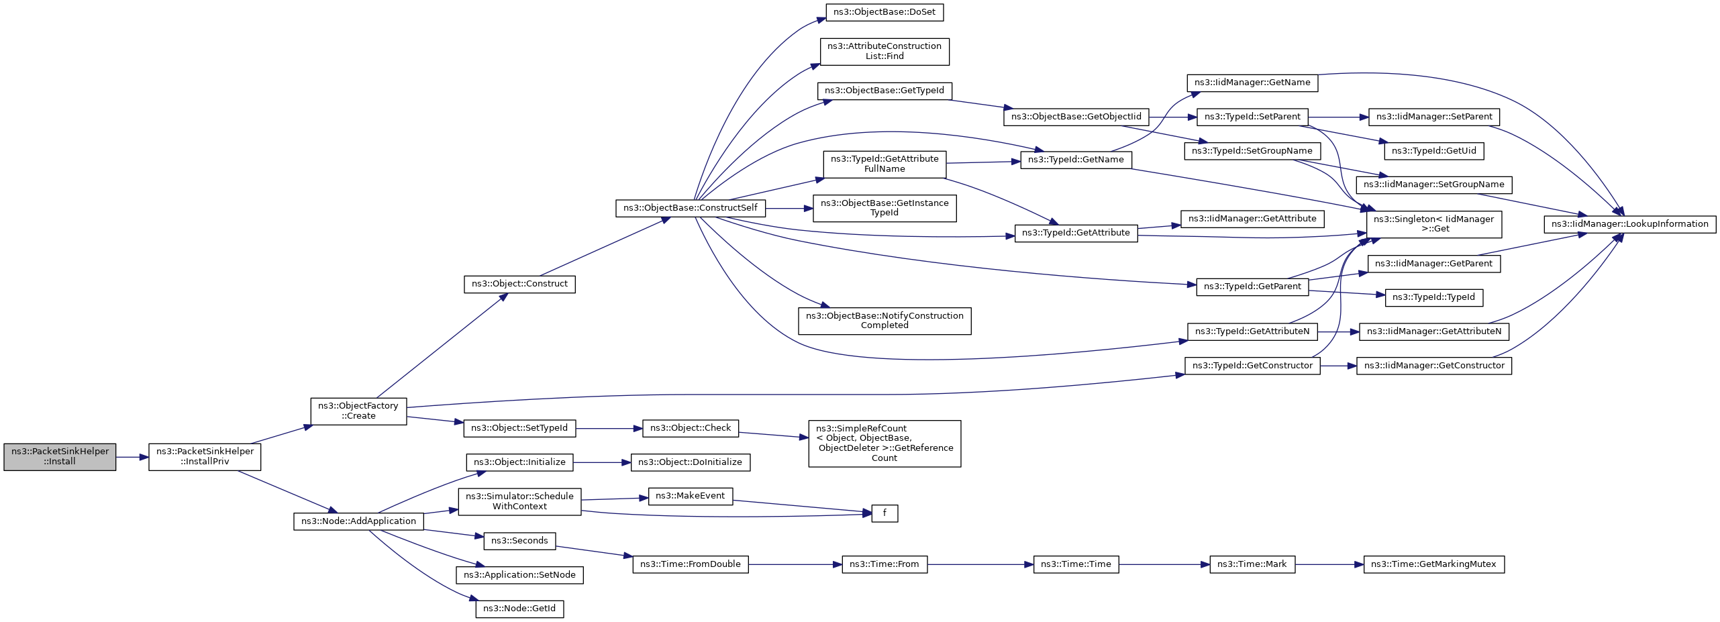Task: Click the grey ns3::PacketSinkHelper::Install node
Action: click(x=60, y=457)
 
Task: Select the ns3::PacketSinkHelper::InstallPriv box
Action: click(x=205, y=457)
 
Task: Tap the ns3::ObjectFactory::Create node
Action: click(x=358, y=411)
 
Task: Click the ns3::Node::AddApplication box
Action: click(x=358, y=521)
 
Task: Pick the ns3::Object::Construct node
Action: click(x=519, y=284)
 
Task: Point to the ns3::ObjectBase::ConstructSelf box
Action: click(x=690, y=208)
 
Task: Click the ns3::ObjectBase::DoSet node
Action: click(x=884, y=12)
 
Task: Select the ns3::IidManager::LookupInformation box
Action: click(x=1629, y=224)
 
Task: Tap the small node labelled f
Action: click(x=884, y=513)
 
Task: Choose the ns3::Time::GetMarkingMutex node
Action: click(x=1433, y=564)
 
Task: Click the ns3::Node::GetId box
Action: click(x=519, y=609)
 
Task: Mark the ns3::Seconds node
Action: click(x=519, y=541)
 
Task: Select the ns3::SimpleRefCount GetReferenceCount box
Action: click(x=884, y=444)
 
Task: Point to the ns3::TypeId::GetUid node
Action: click(x=1433, y=151)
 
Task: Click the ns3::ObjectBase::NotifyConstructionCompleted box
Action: click(x=884, y=321)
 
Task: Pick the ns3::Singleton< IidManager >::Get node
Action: click(x=1433, y=224)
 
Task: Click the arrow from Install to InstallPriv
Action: click(x=132, y=457)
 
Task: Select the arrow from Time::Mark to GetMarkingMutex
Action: click(x=1329, y=564)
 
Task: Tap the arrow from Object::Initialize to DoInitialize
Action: click(x=602, y=462)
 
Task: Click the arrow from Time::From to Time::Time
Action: click(x=980, y=564)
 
